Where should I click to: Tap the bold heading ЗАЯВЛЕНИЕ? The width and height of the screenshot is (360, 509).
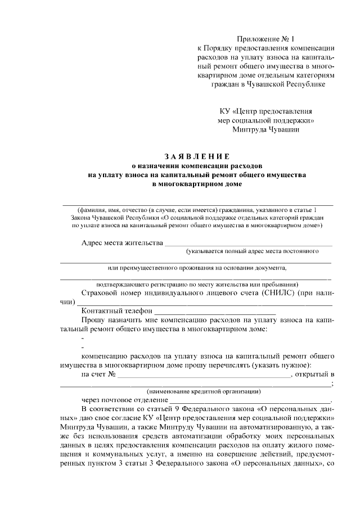(x=197, y=156)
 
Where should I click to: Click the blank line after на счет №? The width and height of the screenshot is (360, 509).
(x=203, y=375)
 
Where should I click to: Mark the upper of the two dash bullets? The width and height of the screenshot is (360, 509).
(x=83, y=339)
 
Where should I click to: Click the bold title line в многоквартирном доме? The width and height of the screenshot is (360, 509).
(x=197, y=184)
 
